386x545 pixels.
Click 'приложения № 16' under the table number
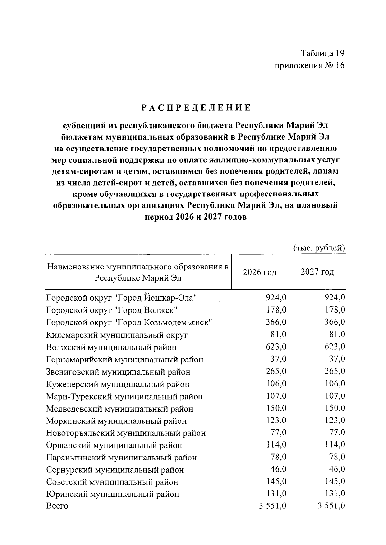[x=309, y=66]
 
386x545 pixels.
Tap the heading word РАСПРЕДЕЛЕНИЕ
[x=196, y=108]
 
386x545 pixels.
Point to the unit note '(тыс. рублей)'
[x=319, y=248]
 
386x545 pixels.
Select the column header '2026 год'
[x=259, y=272]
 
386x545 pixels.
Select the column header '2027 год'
[x=317, y=272]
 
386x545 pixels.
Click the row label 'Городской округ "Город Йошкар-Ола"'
[x=121, y=298]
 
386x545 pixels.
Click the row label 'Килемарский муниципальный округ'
[x=117, y=335]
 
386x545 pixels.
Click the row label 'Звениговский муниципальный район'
[x=118, y=372]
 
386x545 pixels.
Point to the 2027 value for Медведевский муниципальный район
[x=335, y=408]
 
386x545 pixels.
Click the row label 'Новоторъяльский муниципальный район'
[x=126, y=433]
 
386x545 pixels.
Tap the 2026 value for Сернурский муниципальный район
[x=278, y=469]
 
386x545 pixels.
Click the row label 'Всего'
[x=57, y=506]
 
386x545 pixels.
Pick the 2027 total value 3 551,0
[x=331, y=506]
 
